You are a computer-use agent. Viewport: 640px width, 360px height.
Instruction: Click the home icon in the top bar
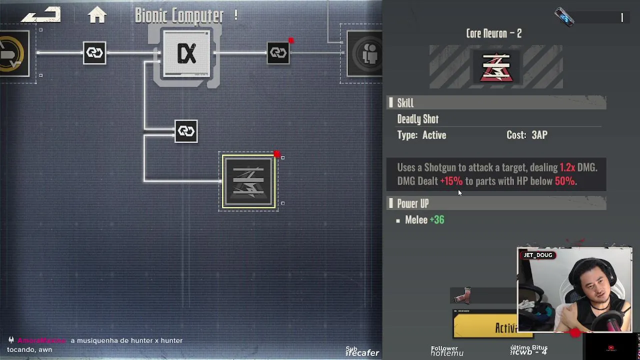click(x=97, y=15)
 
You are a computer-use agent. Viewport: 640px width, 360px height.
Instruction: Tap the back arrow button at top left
click(x=41, y=15)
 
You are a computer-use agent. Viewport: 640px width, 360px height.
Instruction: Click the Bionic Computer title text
click(x=179, y=15)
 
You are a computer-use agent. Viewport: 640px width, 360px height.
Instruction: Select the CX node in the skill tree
click(x=186, y=54)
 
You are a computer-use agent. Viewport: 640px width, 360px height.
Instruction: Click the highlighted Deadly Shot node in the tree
click(x=248, y=181)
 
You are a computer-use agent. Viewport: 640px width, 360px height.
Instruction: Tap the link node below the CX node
click(x=186, y=131)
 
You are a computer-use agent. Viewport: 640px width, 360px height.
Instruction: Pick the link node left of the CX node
click(x=94, y=52)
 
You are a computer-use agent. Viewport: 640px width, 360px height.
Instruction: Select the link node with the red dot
click(x=278, y=52)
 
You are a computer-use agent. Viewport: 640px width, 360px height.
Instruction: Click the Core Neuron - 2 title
click(x=493, y=33)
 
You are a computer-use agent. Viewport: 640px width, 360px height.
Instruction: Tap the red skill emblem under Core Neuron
click(x=495, y=67)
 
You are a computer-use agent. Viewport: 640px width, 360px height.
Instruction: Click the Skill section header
click(x=405, y=103)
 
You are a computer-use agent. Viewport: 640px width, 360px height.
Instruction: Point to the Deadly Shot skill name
click(x=417, y=119)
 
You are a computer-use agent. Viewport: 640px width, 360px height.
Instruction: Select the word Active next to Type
click(x=434, y=135)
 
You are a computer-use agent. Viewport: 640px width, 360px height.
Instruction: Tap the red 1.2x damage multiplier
click(x=567, y=167)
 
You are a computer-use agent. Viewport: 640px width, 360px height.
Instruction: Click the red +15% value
click(x=451, y=181)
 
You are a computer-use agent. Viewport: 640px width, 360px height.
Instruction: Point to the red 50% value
click(x=564, y=181)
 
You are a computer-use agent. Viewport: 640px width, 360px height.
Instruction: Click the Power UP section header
click(x=412, y=203)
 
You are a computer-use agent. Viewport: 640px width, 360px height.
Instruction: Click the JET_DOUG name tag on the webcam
click(x=537, y=255)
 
